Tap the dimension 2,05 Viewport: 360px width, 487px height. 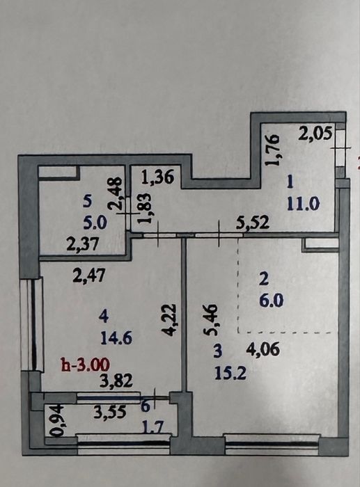[315, 134]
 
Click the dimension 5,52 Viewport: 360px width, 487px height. [253, 222]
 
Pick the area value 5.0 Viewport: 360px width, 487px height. [95, 223]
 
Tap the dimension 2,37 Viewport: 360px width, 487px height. [83, 243]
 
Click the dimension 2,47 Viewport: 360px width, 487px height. [88, 276]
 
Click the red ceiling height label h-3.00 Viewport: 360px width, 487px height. [86, 364]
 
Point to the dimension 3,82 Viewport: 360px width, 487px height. [116, 381]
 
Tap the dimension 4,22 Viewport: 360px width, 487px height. [170, 320]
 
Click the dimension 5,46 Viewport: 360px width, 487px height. [210, 320]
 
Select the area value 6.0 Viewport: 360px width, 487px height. [272, 301]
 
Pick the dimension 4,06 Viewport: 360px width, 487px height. [263, 349]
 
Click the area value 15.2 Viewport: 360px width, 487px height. [230, 373]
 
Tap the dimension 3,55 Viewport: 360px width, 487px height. [110, 412]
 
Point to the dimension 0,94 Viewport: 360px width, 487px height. [58, 420]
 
